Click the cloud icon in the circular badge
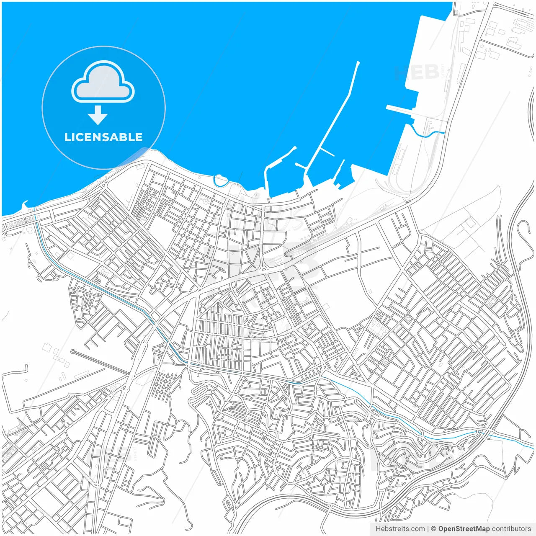coord(103,83)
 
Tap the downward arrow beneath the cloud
coord(98,115)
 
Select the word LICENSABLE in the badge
coord(103,137)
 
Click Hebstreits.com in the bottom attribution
coord(400,529)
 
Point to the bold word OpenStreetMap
coord(464,529)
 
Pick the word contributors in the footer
coord(511,529)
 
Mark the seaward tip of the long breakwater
coord(358,63)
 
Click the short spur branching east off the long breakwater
coord(327,152)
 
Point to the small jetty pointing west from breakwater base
coord(301,166)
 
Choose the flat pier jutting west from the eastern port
coord(400,109)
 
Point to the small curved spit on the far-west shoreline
coord(24,204)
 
